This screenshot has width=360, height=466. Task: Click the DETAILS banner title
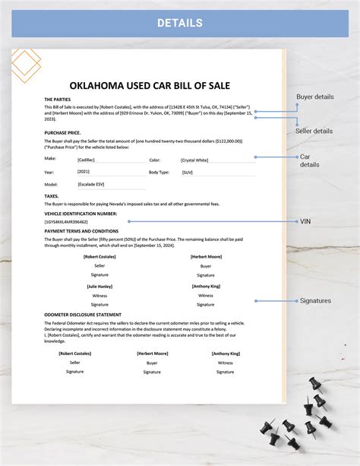[179, 23]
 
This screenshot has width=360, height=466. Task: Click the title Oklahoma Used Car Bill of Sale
[149, 84]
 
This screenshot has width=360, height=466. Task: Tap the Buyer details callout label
[314, 97]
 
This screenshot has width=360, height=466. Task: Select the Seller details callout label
[314, 131]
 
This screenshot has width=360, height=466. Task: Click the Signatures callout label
[315, 300]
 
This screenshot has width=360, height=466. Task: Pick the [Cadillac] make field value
[87, 160]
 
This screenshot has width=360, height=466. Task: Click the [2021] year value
[84, 173]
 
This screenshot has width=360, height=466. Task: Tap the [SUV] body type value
[188, 173]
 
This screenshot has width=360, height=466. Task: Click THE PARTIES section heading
[58, 100]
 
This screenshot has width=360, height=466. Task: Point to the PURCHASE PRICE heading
[62, 132]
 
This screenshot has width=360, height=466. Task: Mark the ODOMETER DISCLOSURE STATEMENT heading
[82, 314]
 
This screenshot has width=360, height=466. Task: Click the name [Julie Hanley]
[99, 286]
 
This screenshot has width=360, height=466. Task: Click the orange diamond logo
[25, 65]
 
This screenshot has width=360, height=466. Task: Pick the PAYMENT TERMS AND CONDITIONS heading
[81, 230]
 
